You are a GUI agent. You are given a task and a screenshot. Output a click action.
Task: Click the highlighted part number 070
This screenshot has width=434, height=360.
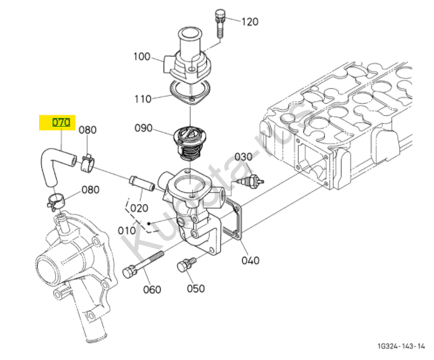coord(61,123)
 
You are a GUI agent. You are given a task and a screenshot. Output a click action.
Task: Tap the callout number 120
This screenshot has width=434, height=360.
coord(250,22)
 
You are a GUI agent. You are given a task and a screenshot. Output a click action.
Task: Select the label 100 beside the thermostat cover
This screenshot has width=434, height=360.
coord(142,57)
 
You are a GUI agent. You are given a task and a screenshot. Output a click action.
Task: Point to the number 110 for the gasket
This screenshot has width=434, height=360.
coord(143,99)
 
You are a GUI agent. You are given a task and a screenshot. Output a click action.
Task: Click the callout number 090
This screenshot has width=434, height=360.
coord(144,128)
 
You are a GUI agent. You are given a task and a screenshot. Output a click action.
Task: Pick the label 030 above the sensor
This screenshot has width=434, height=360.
coord(243,156)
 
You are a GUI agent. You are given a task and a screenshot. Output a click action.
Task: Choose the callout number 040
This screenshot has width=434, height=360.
coord(250,260)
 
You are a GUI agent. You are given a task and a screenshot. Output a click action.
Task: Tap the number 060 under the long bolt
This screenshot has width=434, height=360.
coord(152,290)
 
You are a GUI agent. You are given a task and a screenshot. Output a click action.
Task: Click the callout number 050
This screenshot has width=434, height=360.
coord(195,289)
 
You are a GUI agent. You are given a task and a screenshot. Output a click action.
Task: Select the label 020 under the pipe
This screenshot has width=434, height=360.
coord(139,208)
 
